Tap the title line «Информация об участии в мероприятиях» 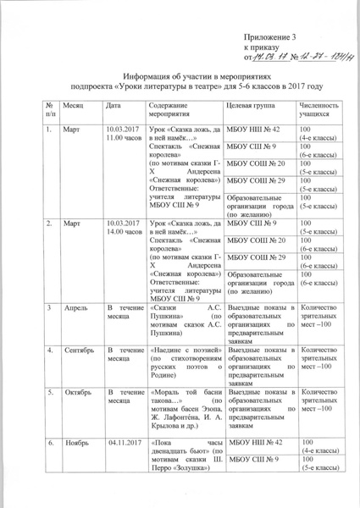tap(179, 75)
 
